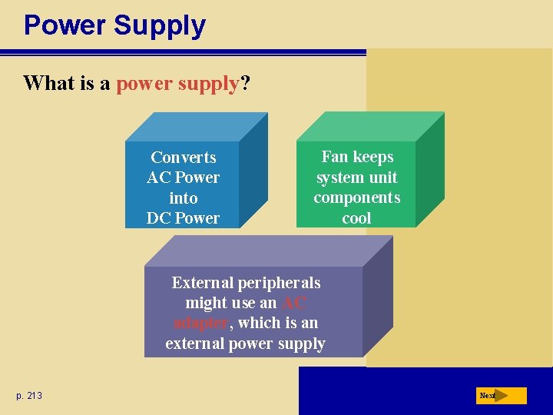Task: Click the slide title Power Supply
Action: point(114,25)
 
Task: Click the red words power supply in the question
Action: point(178,83)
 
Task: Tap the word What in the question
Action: point(51,83)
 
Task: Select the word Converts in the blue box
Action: point(183,158)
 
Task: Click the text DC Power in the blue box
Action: point(183,218)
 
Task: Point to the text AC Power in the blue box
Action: point(183,178)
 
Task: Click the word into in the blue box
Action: point(183,198)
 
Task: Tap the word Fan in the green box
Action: point(335,157)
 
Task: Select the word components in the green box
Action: point(356,198)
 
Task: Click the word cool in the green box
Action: point(356,218)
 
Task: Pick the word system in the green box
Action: point(341,178)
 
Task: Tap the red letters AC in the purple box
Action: point(295,303)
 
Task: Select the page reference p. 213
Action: point(29,396)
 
